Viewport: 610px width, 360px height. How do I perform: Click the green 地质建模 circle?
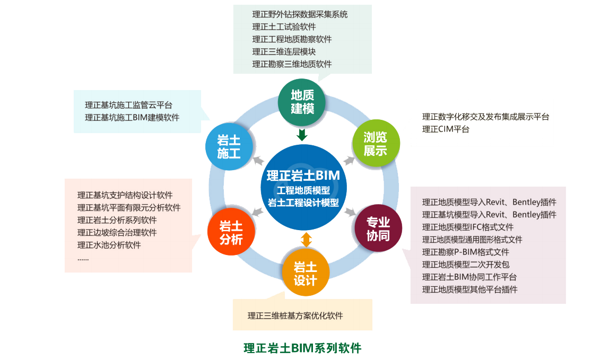(x=302, y=102)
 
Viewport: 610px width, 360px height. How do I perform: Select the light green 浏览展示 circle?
(x=375, y=143)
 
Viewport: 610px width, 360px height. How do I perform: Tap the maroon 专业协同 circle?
(x=378, y=229)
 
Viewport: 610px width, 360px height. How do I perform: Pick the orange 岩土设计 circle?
(x=305, y=274)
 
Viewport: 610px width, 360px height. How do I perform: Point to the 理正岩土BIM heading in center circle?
(x=303, y=175)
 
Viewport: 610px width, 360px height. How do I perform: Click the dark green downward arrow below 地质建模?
(x=302, y=135)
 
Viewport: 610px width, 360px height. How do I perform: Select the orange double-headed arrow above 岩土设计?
(x=306, y=239)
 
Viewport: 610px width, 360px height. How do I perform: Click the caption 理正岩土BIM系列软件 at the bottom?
(x=302, y=348)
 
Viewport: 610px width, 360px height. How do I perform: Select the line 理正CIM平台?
(x=446, y=129)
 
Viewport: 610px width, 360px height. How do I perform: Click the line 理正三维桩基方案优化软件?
(x=295, y=315)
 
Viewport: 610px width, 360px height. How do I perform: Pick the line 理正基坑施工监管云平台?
(x=128, y=105)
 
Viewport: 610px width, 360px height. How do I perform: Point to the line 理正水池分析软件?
(x=109, y=245)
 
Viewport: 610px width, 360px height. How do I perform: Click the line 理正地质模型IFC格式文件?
(x=468, y=227)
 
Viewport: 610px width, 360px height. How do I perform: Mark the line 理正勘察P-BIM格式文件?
(x=465, y=252)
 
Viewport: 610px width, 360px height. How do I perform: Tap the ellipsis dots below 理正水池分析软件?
(x=83, y=258)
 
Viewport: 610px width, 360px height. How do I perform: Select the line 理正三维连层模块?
(x=284, y=51)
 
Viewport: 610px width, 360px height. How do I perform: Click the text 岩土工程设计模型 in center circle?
(x=303, y=202)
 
